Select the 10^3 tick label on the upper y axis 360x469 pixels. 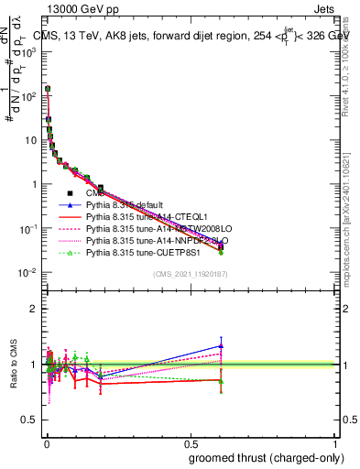coord(28,52)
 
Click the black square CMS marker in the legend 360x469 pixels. coord(69,192)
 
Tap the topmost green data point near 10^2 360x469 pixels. coord(47,89)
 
